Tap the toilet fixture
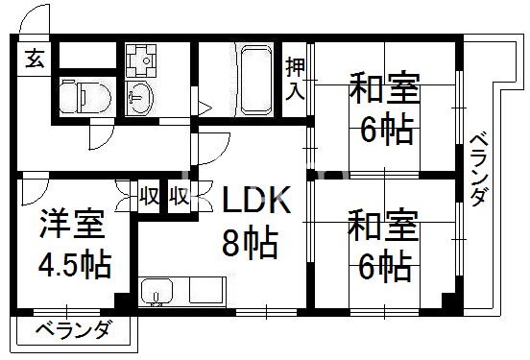tap(77, 95)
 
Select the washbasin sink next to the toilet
tap(138, 96)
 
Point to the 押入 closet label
tap(296, 80)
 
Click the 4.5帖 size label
tap(73, 263)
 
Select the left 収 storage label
tap(149, 197)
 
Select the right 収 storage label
tap(179, 197)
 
